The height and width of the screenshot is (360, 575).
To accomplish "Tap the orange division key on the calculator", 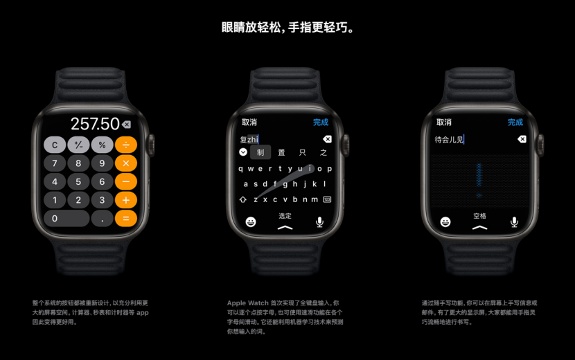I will pos(125,145).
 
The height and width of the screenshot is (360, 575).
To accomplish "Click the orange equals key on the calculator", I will pos(125,219).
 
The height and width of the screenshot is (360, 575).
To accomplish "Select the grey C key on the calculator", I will pos(55,145).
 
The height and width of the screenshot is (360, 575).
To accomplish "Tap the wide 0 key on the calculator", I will pos(67,219).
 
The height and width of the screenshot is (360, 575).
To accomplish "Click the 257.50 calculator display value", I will pos(95,124).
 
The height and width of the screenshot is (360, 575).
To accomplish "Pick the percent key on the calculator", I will pos(102,145).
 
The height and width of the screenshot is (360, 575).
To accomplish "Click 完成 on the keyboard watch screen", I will pos(320,123).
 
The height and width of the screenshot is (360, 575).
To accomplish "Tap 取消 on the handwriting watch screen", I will pos(443,123).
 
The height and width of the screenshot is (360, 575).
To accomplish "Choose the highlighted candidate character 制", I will pos(260,152).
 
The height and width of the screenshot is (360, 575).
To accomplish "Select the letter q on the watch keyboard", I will pos(240,168).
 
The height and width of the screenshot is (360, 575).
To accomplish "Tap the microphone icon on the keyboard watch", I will pos(319,222).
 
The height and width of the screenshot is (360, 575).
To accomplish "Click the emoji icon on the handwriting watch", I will pos(445,222).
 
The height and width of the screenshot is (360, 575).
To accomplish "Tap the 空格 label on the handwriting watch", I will pos(479,216).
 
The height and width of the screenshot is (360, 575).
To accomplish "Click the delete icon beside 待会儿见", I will pos(522,139).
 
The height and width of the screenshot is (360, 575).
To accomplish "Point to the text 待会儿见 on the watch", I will pos(449,140).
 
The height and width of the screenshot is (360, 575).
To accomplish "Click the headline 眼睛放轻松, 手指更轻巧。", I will pos(287,28).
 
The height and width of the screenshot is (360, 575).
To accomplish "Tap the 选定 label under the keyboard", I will pos(285,216).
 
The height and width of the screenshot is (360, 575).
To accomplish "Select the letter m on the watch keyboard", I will pos(314,199).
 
